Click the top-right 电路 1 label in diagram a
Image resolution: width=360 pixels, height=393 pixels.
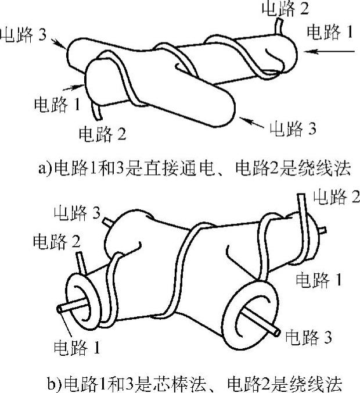[x=329, y=31]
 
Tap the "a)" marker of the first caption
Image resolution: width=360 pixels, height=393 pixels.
[x=45, y=169]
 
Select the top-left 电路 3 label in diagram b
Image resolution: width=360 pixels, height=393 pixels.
[x=77, y=213]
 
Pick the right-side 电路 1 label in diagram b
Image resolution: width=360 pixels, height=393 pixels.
[x=319, y=280]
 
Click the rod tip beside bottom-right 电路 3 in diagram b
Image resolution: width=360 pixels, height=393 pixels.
[x=278, y=333]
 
